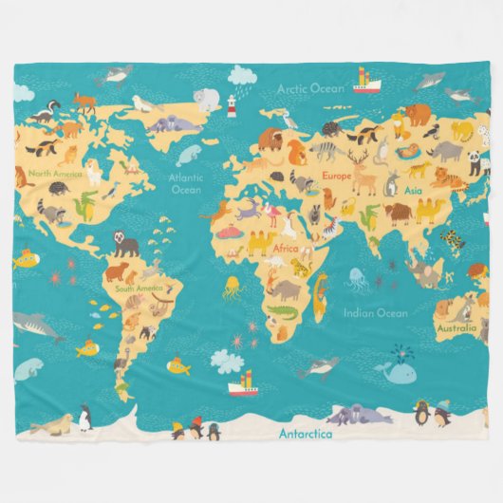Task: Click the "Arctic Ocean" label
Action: (310, 88)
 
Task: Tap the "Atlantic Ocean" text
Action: (185, 182)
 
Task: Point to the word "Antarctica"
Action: (306, 435)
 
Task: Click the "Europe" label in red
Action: (336, 177)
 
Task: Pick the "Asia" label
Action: (413, 190)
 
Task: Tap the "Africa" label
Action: (286, 248)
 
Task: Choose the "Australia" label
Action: (456, 328)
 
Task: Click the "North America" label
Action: (53, 174)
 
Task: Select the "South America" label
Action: (139, 288)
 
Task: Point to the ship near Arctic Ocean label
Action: (365, 83)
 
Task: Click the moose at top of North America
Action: (84, 101)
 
